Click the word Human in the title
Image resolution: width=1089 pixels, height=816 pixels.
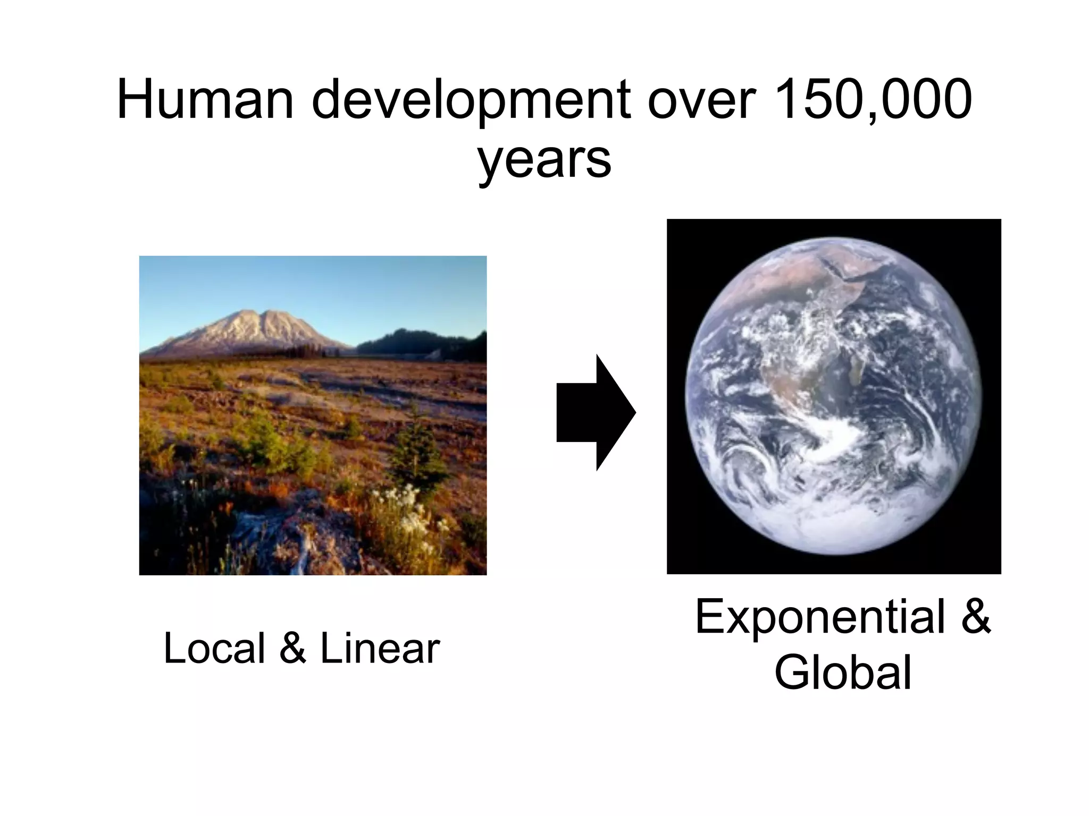[205, 99]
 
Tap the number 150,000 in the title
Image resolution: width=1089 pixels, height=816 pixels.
[873, 99]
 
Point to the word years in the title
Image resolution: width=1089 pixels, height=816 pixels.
[544, 159]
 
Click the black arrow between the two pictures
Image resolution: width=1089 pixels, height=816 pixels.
[595, 412]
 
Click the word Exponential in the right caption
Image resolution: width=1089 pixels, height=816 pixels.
[819, 617]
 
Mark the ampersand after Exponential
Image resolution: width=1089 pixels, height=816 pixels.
[976, 617]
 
